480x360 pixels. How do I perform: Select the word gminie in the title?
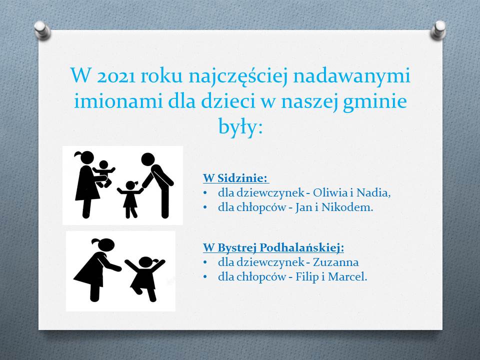[374, 101]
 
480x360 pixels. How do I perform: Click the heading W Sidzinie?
[235, 178]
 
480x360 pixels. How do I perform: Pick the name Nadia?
[374, 193]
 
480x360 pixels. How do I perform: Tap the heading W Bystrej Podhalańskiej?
[273, 247]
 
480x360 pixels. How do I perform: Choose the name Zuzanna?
[336, 262]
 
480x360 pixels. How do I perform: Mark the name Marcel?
[347, 277]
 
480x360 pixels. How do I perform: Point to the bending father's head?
[148, 159]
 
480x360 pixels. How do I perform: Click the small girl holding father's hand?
[131, 199]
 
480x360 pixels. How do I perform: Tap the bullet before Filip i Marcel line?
[205, 277]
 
